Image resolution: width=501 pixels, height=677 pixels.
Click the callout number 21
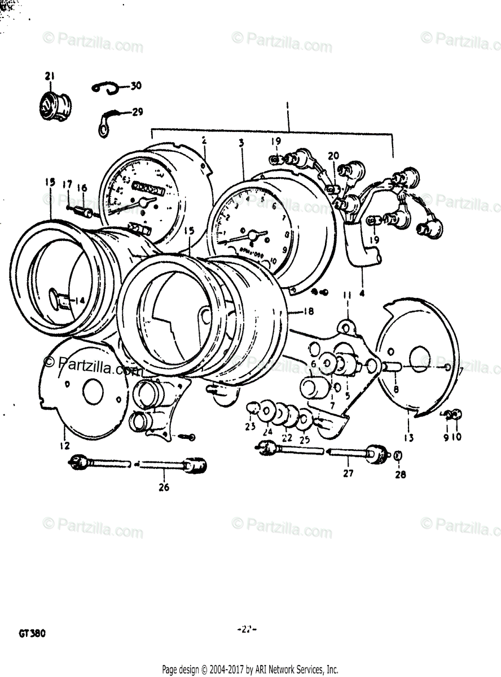point(50,76)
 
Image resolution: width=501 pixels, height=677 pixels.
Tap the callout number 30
point(135,86)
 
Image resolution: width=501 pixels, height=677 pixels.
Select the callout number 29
point(137,112)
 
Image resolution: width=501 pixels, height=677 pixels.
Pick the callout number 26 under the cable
point(165,487)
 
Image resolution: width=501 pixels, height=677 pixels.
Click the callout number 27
point(348,473)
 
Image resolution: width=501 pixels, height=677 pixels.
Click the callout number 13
point(407,437)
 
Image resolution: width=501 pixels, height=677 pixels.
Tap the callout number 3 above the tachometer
point(241,143)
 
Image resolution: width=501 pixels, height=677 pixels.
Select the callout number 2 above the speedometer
point(204,139)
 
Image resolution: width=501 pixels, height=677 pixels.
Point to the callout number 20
point(333,155)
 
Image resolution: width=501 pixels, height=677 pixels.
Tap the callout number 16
point(82,188)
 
